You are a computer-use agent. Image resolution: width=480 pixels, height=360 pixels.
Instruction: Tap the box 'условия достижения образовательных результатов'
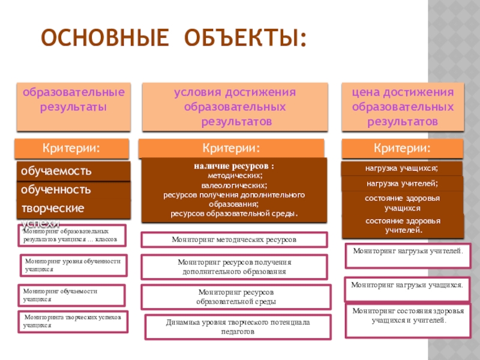[235, 107]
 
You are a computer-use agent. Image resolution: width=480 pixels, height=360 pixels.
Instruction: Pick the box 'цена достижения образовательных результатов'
[403, 107]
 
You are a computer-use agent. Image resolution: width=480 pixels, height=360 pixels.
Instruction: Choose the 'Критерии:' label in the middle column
[231, 148]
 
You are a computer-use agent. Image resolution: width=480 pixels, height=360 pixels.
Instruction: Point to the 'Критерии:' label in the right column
[402, 148]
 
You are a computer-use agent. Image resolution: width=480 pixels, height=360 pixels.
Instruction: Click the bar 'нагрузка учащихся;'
[402, 168]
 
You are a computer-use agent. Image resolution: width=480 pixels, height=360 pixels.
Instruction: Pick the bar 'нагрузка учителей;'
[402, 184]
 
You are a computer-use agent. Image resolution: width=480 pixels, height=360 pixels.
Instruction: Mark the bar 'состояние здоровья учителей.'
[402, 225]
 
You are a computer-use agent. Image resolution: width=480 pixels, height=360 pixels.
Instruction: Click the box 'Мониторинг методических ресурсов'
[234, 239]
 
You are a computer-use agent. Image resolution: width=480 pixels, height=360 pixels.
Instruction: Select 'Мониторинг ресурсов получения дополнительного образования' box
[234, 267]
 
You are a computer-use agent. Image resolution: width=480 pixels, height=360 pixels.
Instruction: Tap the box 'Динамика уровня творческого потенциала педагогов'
[238, 326]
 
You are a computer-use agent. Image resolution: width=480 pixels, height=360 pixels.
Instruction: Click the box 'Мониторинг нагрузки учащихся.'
[407, 286]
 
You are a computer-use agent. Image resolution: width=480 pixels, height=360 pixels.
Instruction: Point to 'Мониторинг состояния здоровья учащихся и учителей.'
[407, 316]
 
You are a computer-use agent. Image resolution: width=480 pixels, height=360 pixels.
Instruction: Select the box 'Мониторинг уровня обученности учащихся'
[73, 265]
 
